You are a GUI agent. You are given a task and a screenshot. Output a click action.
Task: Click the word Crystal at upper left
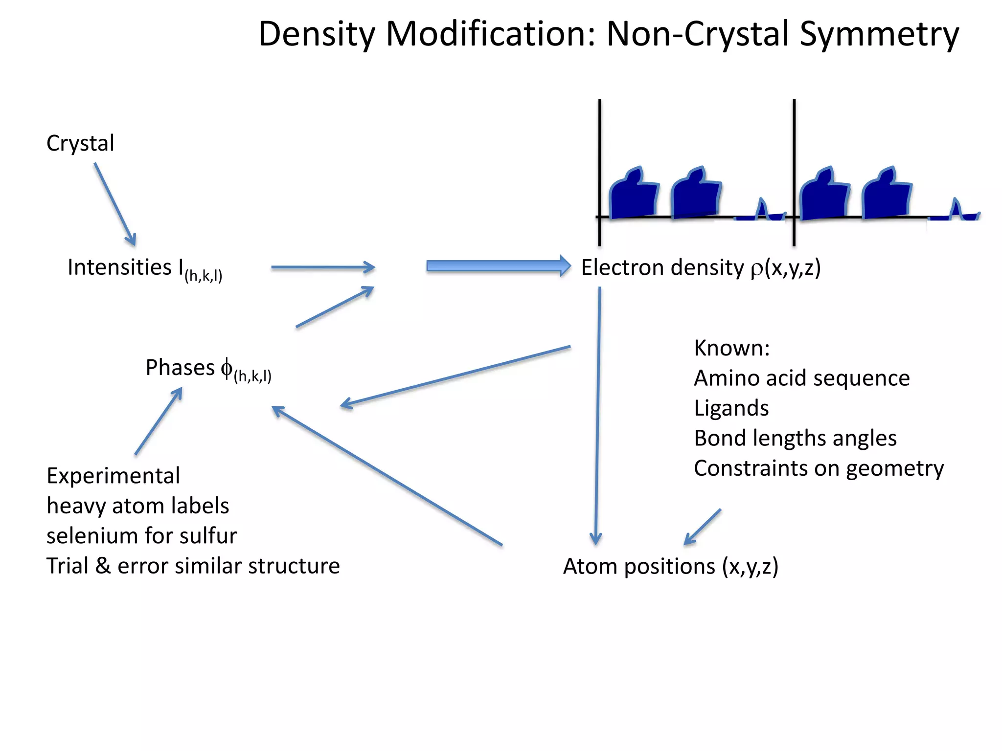[80, 143]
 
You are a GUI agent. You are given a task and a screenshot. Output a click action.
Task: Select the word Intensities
[119, 267]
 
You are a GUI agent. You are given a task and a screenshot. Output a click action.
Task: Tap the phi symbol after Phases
[227, 368]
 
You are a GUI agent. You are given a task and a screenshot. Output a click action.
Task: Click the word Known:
[731, 348]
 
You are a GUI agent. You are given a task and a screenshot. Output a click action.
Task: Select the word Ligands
[731, 408]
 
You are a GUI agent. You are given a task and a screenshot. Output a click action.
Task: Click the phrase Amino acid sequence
[801, 378]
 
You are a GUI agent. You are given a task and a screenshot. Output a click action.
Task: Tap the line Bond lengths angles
[795, 438]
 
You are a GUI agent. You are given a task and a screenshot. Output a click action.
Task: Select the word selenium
[89, 536]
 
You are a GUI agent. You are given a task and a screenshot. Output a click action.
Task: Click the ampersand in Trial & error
[103, 566]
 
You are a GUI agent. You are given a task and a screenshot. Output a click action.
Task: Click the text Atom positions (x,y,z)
[670, 566]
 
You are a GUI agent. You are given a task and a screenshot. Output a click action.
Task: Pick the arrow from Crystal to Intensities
[115, 204]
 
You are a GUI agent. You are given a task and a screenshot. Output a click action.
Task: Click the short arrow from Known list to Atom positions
[703, 527]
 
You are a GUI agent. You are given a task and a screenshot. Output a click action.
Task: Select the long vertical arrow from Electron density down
[597, 416]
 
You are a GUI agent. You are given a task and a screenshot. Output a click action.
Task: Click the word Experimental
[113, 476]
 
